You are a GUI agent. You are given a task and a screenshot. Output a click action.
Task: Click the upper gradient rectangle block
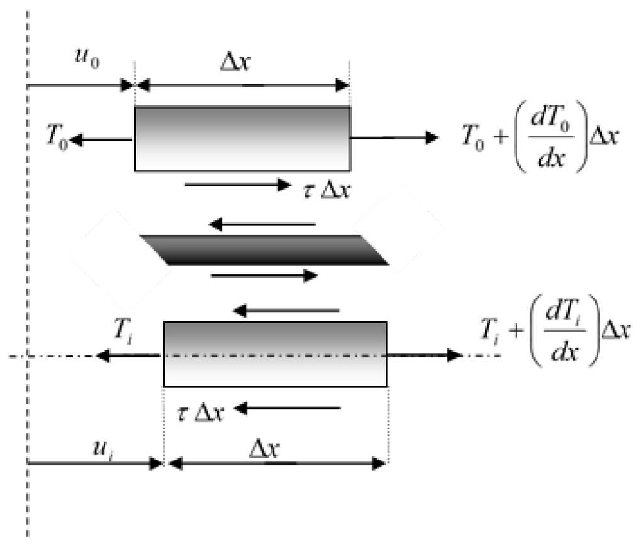pos(242,139)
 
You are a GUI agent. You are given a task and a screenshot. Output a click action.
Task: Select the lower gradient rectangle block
pos(275,353)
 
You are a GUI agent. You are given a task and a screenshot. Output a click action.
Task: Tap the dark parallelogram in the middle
pos(264,250)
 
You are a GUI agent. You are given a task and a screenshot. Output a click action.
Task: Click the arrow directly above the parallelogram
pos(262,224)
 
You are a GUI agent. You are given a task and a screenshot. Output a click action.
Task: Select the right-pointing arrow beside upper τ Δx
pos(236,185)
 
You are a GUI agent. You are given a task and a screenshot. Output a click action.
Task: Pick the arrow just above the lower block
pos(286,310)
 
